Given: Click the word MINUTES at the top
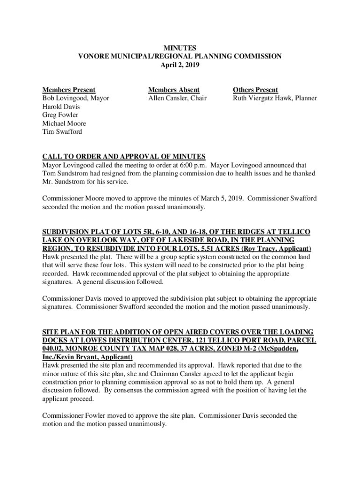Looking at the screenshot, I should [180, 48].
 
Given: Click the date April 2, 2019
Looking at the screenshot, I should [180, 65].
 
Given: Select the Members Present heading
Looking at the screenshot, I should [69, 90].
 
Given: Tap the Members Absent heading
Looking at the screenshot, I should [174, 90].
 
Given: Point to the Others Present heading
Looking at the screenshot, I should [255, 90].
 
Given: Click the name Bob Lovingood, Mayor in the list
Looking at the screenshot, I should [76, 98].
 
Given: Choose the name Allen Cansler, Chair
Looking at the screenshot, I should [177, 98].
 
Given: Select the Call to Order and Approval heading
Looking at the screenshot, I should [124, 156].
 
